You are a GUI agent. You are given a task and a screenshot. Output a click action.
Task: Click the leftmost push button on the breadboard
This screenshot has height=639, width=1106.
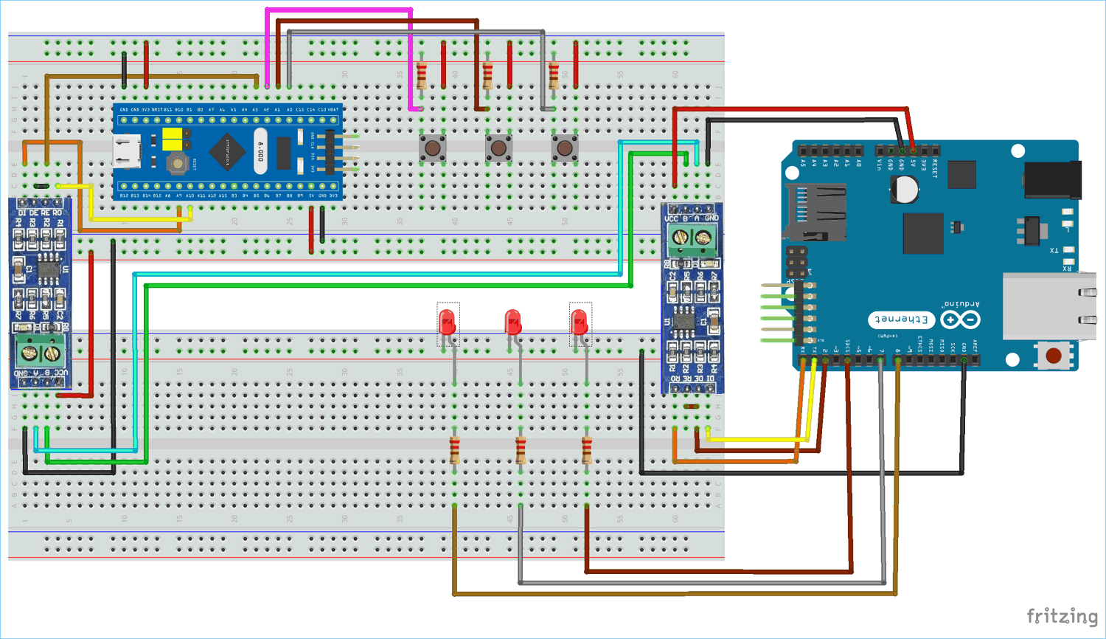(x=433, y=148)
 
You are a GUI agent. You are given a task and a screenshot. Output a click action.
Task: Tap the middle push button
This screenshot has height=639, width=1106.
(x=498, y=148)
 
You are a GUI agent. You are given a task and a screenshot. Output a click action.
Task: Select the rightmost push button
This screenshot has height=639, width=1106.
(x=565, y=148)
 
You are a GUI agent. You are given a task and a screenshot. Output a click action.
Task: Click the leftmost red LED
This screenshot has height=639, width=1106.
(x=446, y=323)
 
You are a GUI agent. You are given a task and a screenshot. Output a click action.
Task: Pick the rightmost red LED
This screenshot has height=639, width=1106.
(x=580, y=323)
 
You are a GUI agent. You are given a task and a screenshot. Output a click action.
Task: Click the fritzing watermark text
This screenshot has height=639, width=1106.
(x=1062, y=616)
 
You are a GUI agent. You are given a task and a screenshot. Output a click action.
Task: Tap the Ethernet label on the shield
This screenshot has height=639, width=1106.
(x=901, y=319)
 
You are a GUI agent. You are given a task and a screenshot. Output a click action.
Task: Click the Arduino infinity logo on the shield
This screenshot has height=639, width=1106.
(x=960, y=319)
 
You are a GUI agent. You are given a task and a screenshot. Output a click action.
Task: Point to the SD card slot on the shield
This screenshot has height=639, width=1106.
(x=814, y=213)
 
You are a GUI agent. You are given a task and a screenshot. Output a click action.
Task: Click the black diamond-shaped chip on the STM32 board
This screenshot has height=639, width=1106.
(x=228, y=151)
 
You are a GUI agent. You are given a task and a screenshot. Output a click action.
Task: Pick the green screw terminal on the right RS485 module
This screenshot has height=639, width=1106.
(x=692, y=238)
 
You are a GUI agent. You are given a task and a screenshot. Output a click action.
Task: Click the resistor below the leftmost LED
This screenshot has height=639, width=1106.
(x=454, y=449)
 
